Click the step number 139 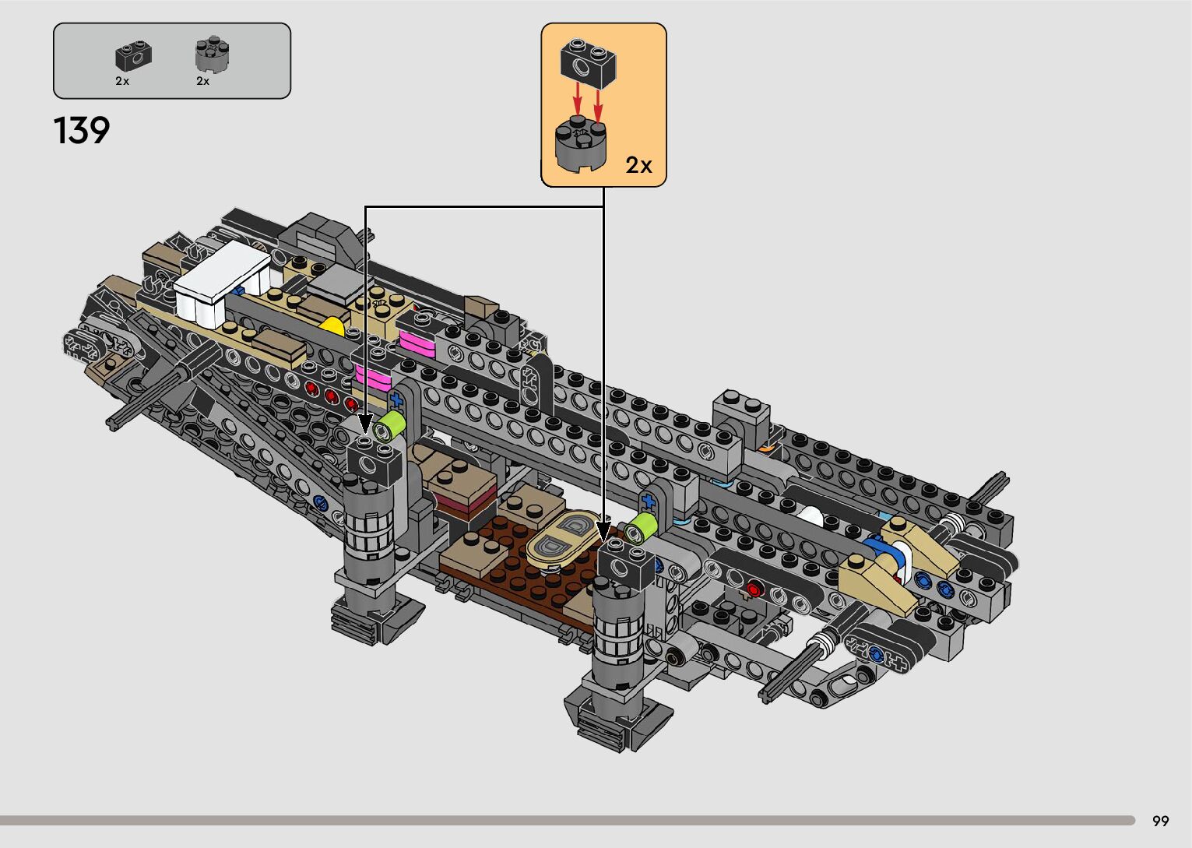tap(82, 130)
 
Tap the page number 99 tap(1161, 821)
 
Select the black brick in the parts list tap(134, 56)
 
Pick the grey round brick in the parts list tap(213, 54)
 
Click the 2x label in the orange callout tap(638, 165)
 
